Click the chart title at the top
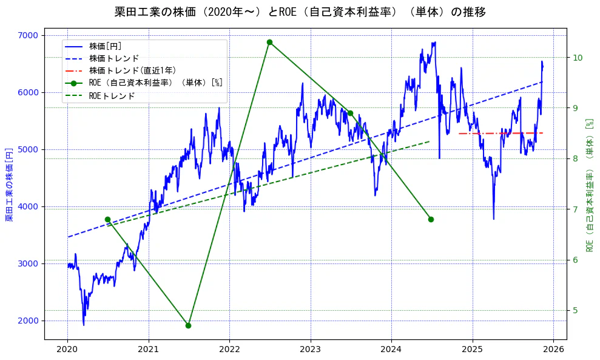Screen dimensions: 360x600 point(300,12)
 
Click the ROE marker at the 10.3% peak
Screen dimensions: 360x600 point(269,42)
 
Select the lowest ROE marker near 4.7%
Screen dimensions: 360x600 point(188,325)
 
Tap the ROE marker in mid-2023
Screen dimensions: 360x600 point(350,113)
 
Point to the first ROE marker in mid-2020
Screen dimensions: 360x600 point(107,219)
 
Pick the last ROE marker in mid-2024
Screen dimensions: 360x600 point(431,219)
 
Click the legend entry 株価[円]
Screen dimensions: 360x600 point(106,46)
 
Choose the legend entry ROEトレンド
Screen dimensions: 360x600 point(112,96)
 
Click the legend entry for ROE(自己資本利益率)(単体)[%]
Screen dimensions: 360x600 point(155,83)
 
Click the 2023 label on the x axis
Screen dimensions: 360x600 point(310,350)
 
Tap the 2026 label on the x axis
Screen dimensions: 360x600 point(553,350)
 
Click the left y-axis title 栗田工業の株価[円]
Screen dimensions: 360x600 point(10,184)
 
